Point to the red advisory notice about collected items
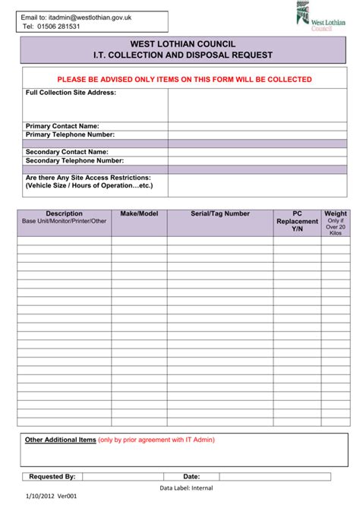(185, 79)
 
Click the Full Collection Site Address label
(71, 93)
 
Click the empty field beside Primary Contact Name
(257, 126)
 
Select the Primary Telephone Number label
(70, 134)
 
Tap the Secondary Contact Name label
(67, 152)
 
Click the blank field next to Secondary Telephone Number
(257, 161)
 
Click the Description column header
(65, 214)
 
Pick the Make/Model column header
(139, 214)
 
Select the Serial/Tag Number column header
(220, 214)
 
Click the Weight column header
(335, 214)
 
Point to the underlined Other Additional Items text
(61, 440)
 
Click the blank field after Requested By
(122, 477)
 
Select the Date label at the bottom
(191, 477)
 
